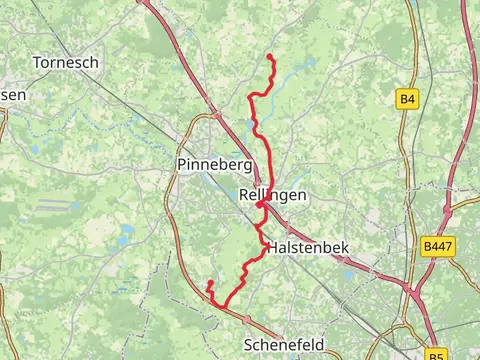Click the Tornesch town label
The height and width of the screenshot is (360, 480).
(65, 62)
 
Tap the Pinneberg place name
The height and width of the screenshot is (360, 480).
(213, 164)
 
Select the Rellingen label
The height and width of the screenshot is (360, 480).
(273, 196)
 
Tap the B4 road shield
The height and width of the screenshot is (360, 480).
(406, 98)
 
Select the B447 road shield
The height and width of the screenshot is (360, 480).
(436, 245)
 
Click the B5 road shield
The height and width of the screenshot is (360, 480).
(436, 355)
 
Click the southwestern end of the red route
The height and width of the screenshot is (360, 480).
(208, 284)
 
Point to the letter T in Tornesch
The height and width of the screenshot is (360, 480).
(37, 62)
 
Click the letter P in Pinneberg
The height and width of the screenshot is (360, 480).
(181, 164)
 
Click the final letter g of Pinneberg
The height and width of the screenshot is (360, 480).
(246, 166)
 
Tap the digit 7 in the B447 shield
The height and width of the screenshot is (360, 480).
(447, 245)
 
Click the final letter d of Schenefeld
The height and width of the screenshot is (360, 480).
(320, 344)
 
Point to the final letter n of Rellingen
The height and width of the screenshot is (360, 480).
(302, 196)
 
